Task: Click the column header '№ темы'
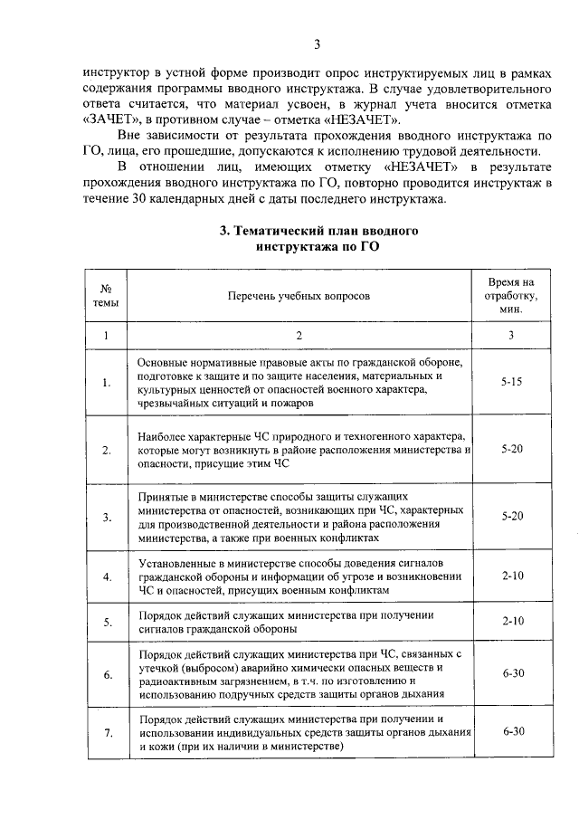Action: coord(106,295)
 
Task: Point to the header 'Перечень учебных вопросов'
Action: coord(299,295)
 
